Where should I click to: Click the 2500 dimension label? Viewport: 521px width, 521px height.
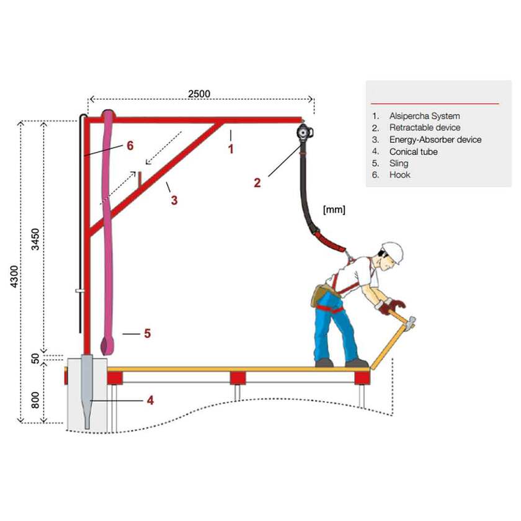coord(199,94)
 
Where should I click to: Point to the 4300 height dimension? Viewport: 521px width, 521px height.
coord(14,277)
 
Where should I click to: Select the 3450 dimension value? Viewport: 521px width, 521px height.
coord(35,239)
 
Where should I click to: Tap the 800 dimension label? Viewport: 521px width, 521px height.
coord(35,400)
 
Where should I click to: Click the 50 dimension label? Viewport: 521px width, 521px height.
coord(35,358)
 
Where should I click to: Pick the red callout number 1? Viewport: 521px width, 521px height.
coord(231,149)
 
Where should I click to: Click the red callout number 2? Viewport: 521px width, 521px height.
coord(257,183)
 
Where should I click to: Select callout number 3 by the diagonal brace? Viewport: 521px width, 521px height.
coord(174,200)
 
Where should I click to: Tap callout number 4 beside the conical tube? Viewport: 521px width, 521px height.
coord(150,401)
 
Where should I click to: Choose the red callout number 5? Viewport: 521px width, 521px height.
coord(148,333)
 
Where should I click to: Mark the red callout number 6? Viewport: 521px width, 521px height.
coord(130,146)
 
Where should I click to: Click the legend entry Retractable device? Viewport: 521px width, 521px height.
coord(425,128)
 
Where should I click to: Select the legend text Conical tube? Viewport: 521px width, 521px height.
coord(413,152)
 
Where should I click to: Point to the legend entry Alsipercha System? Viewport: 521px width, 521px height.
coord(425,116)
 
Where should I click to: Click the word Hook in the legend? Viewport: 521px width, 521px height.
coord(399,175)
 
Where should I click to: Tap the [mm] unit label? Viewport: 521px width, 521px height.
coord(334,210)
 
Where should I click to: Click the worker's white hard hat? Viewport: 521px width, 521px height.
coord(394,252)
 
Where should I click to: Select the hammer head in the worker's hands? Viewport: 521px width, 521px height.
coord(411,322)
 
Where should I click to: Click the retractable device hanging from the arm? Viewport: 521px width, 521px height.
coord(305,133)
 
